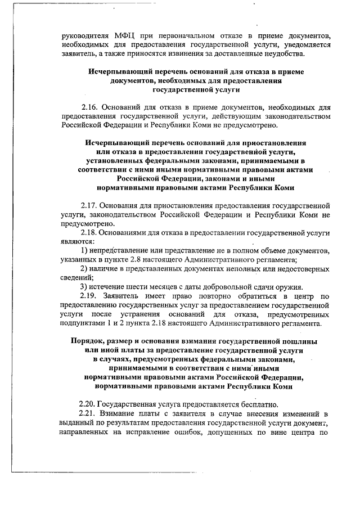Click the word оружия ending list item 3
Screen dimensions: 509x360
pyautogui.click(x=290, y=286)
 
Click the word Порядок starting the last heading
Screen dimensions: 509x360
pyautogui.click(x=89, y=341)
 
